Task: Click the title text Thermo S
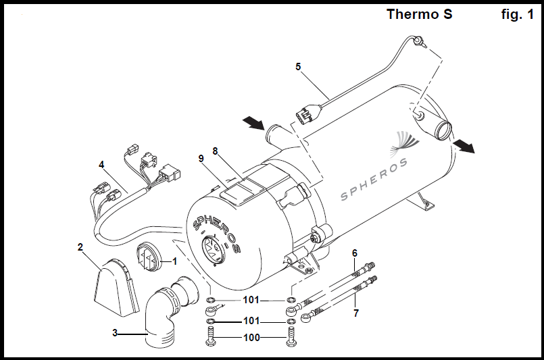[x=420, y=14]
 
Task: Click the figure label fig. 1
[x=517, y=14]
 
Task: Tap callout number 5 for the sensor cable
[x=298, y=67]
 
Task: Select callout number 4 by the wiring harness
[x=101, y=164]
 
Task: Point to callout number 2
[x=80, y=247]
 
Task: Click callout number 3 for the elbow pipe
[x=115, y=333]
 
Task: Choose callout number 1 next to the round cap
[x=174, y=261]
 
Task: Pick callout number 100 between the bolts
[x=251, y=337]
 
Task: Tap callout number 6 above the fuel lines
[x=355, y=253]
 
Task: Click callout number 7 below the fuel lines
[x=356, y=313]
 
